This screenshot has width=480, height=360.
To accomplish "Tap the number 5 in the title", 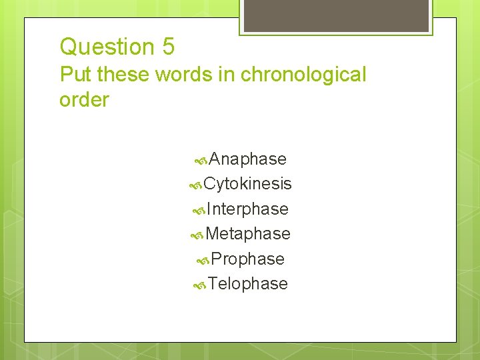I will coord(167,47).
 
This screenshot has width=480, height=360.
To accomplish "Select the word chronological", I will coord(303,75).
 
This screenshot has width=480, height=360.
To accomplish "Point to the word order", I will coord(84,100).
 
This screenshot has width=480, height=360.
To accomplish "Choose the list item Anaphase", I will coord(247,159).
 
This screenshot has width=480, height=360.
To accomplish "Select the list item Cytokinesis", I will coord(247,184).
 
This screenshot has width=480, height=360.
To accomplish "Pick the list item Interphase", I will coord(247,209).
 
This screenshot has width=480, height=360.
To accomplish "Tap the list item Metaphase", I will coord(248,234).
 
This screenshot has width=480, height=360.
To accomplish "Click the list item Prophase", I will coord(247,259).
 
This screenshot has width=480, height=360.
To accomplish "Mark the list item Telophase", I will coord(247,284).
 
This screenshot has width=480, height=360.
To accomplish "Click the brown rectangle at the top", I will coord(335,15).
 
